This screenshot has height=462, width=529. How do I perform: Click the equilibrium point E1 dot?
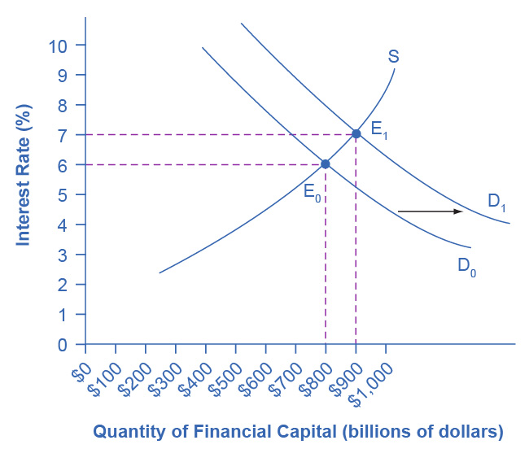pos(356,133)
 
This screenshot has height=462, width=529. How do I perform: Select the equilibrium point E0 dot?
pos(326,163)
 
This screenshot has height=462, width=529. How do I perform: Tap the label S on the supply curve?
pos(393,57)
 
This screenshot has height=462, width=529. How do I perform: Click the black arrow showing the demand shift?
pos(430,211)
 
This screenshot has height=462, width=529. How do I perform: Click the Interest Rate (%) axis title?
pos(24,175)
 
